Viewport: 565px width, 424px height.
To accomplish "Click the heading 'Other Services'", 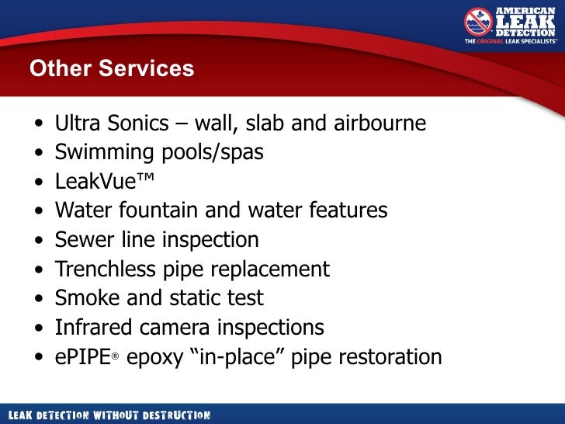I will coord(112,68).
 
